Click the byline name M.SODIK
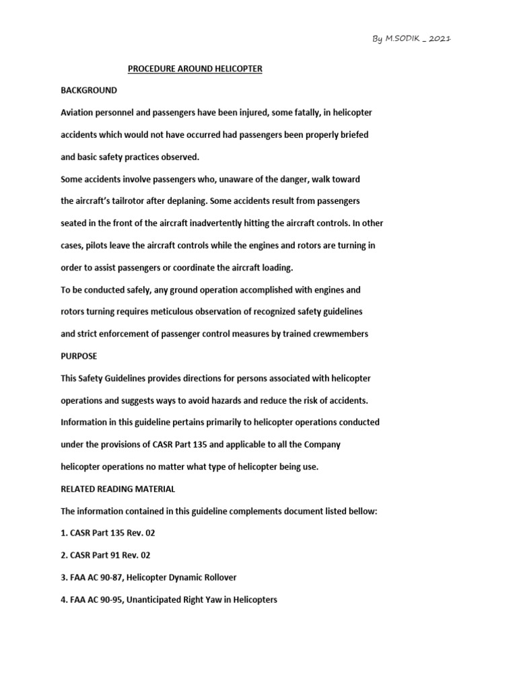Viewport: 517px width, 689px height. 402,39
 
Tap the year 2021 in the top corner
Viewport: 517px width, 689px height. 440,39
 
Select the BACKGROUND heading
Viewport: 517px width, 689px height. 89,90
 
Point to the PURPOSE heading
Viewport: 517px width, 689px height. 79,356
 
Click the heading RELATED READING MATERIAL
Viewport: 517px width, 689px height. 118,489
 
